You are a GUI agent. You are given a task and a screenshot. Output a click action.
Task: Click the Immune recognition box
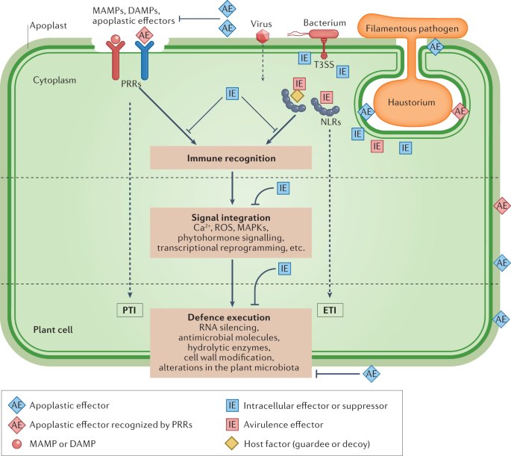point(231,157)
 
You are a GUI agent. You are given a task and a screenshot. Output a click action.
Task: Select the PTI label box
point(130,310)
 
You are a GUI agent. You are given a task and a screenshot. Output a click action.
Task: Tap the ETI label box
point(330,310)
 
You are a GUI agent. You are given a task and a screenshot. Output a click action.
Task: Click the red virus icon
point(263,36)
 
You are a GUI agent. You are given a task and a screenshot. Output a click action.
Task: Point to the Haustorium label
point(411,102)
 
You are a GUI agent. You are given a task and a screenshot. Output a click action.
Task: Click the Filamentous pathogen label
point(412,28)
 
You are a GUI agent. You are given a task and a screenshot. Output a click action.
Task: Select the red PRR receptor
point(116,57)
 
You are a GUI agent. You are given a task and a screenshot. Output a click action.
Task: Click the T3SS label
point(324,64)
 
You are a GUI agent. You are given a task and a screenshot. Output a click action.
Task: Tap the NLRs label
point(330,122)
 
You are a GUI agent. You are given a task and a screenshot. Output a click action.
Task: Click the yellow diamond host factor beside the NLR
point(297,96)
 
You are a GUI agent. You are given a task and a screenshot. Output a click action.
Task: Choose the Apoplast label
point(48,26)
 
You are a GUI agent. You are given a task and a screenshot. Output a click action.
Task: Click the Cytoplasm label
point(54,80)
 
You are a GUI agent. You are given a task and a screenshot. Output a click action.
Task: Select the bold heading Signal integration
point(231,217)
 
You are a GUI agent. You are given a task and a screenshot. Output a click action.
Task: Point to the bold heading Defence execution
point(229,317)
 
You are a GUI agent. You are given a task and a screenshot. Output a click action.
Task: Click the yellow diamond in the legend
point(232,443)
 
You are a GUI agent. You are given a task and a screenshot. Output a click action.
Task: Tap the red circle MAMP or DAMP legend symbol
point(16,444)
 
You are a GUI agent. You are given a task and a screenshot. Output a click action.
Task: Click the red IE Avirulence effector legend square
point(232,425)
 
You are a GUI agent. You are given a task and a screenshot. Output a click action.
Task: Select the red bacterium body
point(324,34)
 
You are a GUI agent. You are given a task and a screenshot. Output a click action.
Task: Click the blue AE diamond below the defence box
point(372,374)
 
